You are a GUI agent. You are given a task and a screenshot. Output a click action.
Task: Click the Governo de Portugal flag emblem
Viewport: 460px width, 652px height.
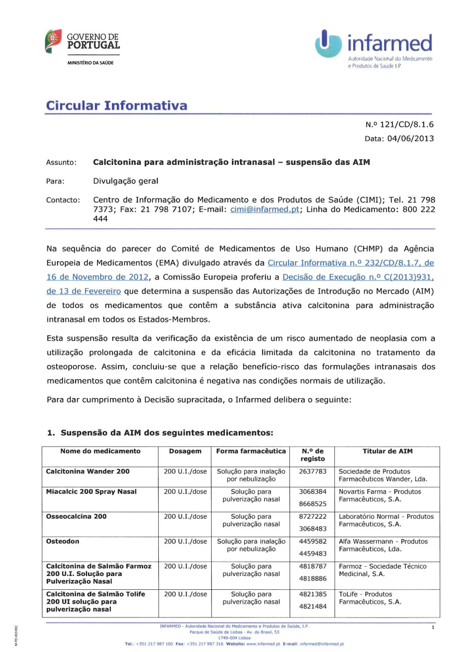53,41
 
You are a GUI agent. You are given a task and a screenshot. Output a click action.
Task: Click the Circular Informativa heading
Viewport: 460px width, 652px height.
116,106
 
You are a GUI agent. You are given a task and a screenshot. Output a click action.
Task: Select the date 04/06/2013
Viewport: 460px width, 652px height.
410,138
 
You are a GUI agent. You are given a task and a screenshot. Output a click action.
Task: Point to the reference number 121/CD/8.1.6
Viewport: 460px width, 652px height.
407,124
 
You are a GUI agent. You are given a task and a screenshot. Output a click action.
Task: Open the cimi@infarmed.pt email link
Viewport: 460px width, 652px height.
264,209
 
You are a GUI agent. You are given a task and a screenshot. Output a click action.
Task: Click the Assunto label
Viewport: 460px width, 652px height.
61,162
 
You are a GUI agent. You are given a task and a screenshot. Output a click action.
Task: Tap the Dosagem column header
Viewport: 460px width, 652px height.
185,451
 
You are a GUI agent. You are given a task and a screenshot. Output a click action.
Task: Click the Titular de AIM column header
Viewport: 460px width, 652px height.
387,451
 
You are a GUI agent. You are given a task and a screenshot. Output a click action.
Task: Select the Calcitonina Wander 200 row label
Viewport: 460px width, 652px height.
88,471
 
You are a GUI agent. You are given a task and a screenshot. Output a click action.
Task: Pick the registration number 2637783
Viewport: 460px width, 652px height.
312,471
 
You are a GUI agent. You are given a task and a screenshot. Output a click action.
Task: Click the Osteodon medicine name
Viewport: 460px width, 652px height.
63,541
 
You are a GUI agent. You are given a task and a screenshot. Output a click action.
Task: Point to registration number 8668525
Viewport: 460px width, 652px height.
312,504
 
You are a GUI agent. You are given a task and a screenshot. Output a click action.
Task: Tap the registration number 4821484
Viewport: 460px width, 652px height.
312,606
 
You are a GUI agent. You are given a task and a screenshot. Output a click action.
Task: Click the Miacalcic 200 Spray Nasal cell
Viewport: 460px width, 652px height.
91,492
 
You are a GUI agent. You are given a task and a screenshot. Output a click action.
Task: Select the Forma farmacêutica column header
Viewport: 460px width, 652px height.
251,451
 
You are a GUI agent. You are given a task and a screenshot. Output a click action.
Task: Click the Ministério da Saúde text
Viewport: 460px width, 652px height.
90,63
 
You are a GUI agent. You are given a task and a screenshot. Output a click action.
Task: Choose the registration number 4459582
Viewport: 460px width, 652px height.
312,541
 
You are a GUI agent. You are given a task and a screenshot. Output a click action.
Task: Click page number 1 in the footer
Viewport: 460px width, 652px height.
432,627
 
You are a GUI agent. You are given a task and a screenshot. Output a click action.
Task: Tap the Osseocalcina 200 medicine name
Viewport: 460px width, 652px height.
76,517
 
